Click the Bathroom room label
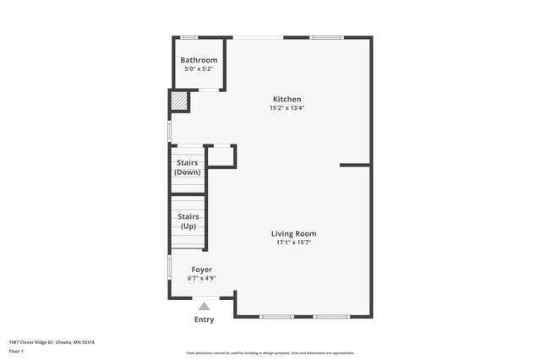tap(199, 60)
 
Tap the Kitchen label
tap(286, 99)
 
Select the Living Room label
tap(293, 233)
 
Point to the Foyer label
tap(201, 269)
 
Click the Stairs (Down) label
tap(188, 166)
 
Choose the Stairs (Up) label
tap(188, 221)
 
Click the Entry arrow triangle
tap(204, 306)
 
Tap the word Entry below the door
tap(204, 319)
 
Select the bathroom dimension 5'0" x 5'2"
tap(199, 69)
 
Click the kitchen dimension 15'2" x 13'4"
tap(287, 108)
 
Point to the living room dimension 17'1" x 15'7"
tap(293, 243)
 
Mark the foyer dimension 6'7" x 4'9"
tap(201, 277)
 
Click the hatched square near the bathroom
tap(179, 101)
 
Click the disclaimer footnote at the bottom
tap(270, 353)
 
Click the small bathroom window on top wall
tap(189, 37)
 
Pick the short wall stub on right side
tap(355, 165)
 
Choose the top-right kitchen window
tap(326, 37)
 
